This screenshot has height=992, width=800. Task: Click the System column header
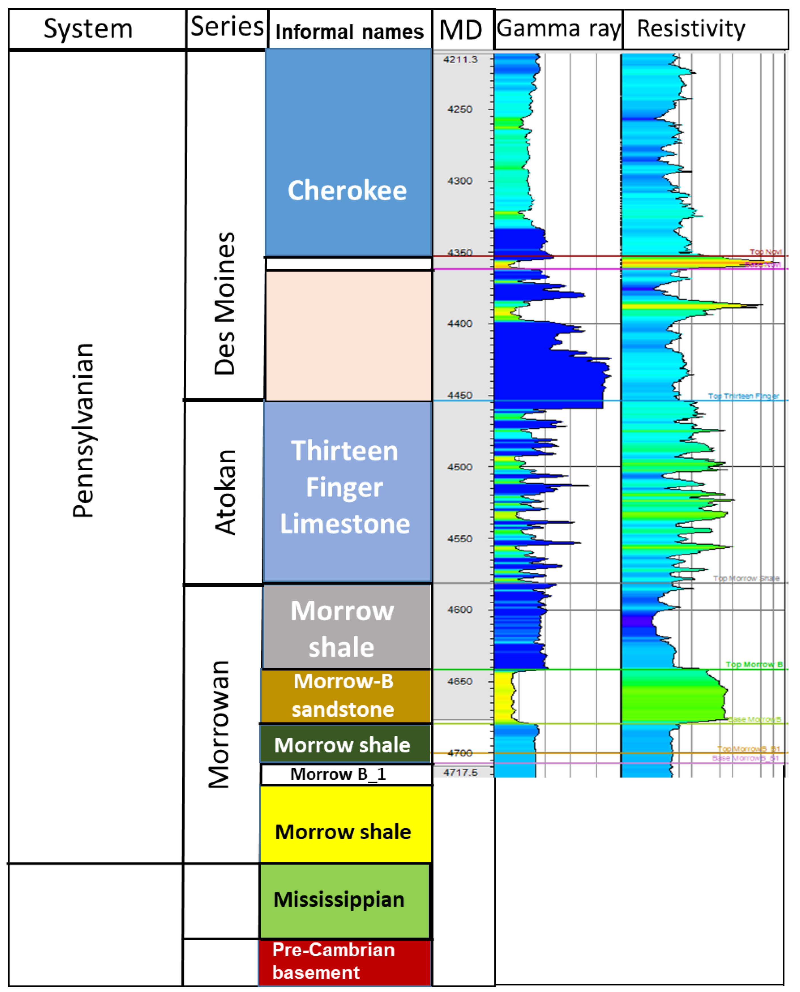point(88,29)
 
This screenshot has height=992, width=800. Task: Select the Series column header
point(227,27)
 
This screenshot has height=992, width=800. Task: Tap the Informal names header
point(349,32)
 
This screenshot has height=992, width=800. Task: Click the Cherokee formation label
point(347,190)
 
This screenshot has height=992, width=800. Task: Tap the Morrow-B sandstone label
point(343,695)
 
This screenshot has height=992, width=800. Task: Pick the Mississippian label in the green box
point(339,899)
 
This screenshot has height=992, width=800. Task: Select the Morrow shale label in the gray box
point(342,629)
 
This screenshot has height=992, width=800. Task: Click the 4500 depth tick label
point(460,467)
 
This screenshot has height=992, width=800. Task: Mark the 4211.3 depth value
point(460,60)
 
